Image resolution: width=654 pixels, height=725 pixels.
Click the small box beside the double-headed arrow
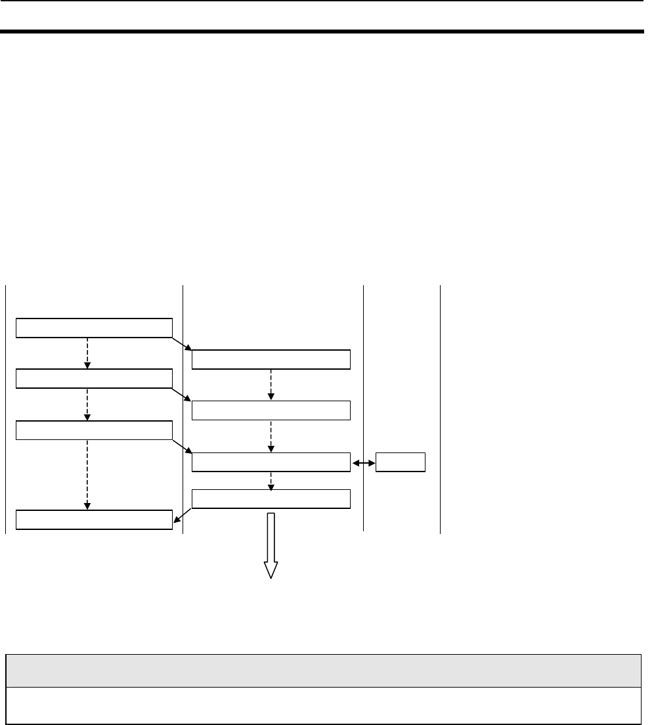(x=401, y=462)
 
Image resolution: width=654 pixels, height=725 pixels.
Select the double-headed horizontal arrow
(x=363, y=462)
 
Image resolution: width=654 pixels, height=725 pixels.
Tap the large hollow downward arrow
(x=271, y=545)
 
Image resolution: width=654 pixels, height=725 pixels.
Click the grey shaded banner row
(x=323, y=670)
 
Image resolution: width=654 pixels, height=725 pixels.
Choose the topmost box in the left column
(x=94, y=328)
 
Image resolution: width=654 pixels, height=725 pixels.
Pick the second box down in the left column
(x=94, y=378)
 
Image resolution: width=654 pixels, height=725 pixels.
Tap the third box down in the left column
(x=94, y=430)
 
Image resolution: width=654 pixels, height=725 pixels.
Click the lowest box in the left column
(x=94, y=519)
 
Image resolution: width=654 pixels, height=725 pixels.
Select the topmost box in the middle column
(x=271, y=359)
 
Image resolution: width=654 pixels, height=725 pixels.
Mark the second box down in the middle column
(x=271, y=410)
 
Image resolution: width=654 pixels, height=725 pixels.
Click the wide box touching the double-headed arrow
(x=271, y=462)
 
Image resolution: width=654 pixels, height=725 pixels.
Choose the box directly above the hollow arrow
(x=271, y=500)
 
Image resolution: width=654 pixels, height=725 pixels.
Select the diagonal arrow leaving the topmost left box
(x=182, y=344)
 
